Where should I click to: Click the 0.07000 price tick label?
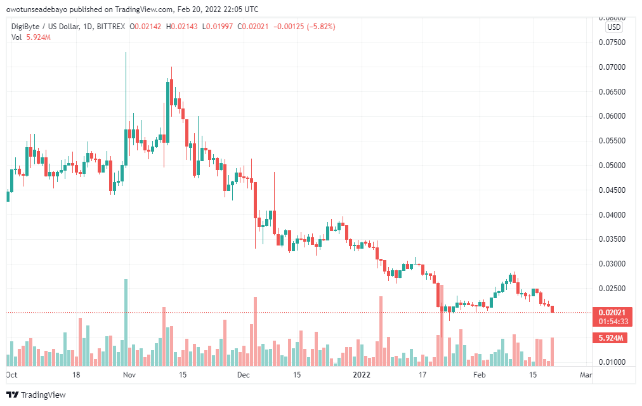[613, 67]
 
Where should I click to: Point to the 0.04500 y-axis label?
[613, 190]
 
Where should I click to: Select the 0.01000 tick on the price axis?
[613, 362]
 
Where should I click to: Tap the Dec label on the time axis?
[244, 375]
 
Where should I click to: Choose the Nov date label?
[129, 375]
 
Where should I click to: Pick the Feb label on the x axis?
[480, 375]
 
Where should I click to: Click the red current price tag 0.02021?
[613, 312]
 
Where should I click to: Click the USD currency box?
[613, 27]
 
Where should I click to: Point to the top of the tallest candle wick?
[126, 53]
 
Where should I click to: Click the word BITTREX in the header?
[109, 27]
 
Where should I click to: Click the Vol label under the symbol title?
[16, 37]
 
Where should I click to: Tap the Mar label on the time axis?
[586, 375]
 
